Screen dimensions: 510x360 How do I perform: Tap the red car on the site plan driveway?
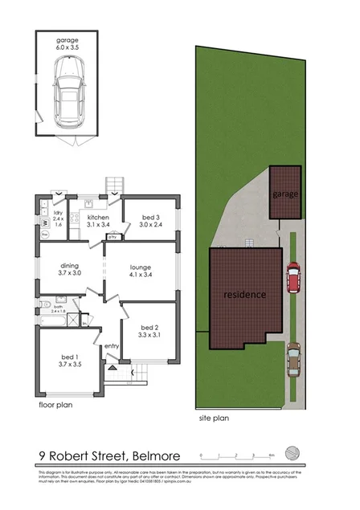(x=292, y=277)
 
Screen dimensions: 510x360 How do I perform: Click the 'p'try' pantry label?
(x=114, y=238)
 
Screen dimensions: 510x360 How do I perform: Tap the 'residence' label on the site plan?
(x=245, y=294)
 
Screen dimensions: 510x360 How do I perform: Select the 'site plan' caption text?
(x=216, y=418)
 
